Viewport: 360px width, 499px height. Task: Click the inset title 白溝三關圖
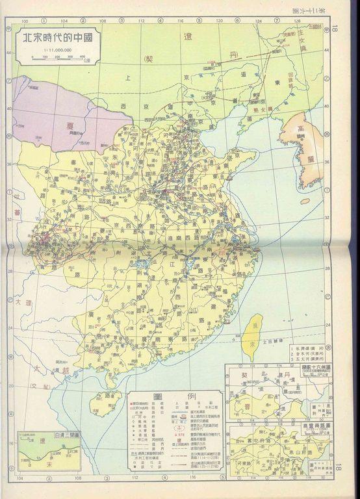pos(50,435)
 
